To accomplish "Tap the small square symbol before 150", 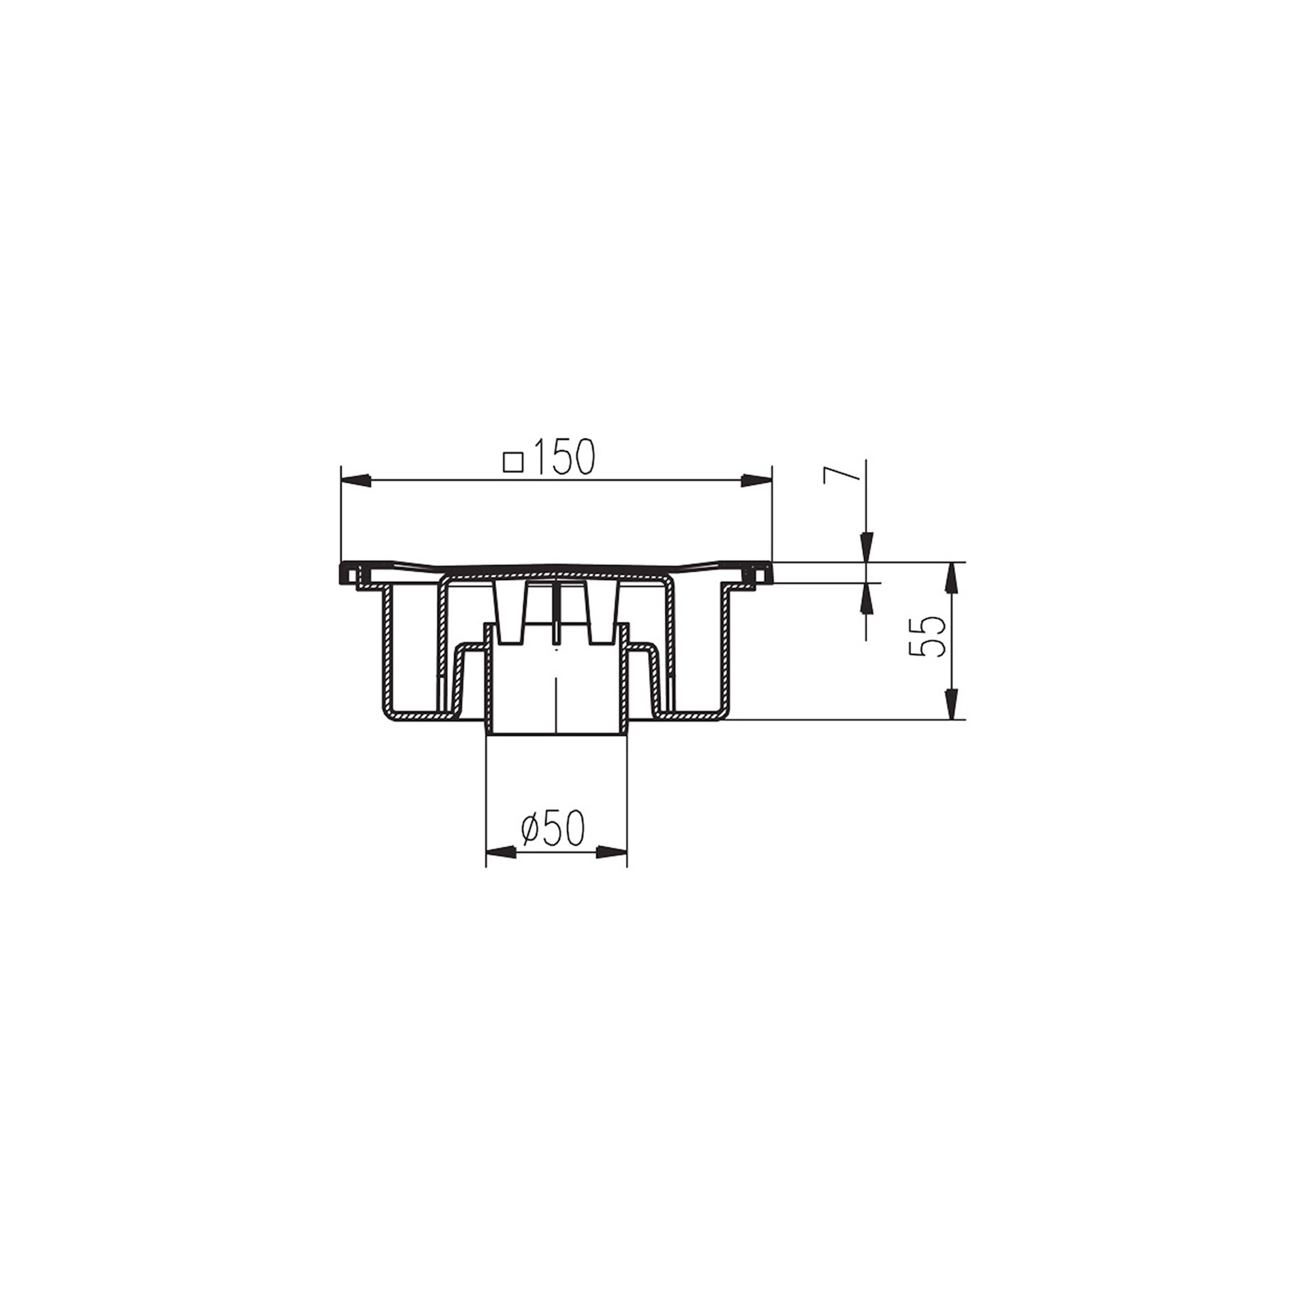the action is [514, 461].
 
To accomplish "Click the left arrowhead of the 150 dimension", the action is [356, 480].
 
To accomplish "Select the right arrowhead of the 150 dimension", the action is [756, 480].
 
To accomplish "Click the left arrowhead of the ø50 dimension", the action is [501, 852].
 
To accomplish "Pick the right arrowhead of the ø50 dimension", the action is [612, 852].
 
